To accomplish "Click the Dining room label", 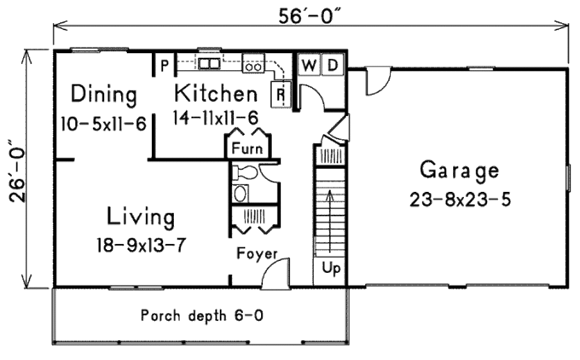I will click(104, 95).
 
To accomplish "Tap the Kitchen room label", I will click(216, 93).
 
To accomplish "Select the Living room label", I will click(141, 217).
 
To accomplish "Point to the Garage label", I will click(459, 170).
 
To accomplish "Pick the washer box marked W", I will click(309, 65).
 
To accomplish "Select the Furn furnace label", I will click(249, 150).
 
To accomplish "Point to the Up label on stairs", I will click(330, 269).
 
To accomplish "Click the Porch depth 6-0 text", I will click(202, 315).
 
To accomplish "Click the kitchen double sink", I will click(208, 63).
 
